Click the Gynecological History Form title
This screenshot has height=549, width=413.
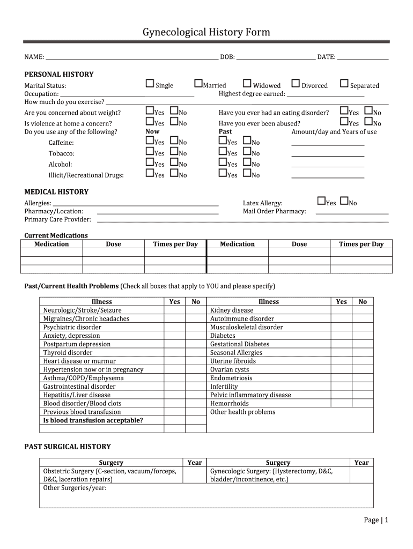pyautogui.click(x=206, y=33)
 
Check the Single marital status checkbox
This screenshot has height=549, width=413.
pyautogui.click(x=150, y=84)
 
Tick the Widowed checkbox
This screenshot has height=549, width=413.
pyautogui.click(x=247, y=84)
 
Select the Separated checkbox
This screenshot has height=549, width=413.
pyautogui.click(x=344, y=84)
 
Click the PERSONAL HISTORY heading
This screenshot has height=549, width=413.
pyautogui.click(x=59, y=75)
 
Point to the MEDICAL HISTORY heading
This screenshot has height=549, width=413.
pyautogui.click(x=56, y=192)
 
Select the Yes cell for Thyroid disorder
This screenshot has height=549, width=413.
pyautogui.click(x=174, y=353)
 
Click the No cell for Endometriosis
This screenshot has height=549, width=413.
pyautogui.click(x=363, y=378)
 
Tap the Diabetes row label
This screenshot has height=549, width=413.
pyautogui.click(x=223, y=336)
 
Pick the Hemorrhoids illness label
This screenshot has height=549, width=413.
pyautogui.click(x=230, y=403)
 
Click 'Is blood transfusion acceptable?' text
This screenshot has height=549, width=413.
pyautogui.click(x=93, y=420)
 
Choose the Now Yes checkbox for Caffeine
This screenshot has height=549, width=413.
pyautogui.click(x=150, y=141)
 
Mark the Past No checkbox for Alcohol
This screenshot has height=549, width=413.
pyautogui.click(x=247, y=163)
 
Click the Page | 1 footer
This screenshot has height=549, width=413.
pyautogui.click(x=375, y=520)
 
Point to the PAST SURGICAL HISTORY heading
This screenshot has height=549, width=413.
pyautogui.click(x=68, y=447)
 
